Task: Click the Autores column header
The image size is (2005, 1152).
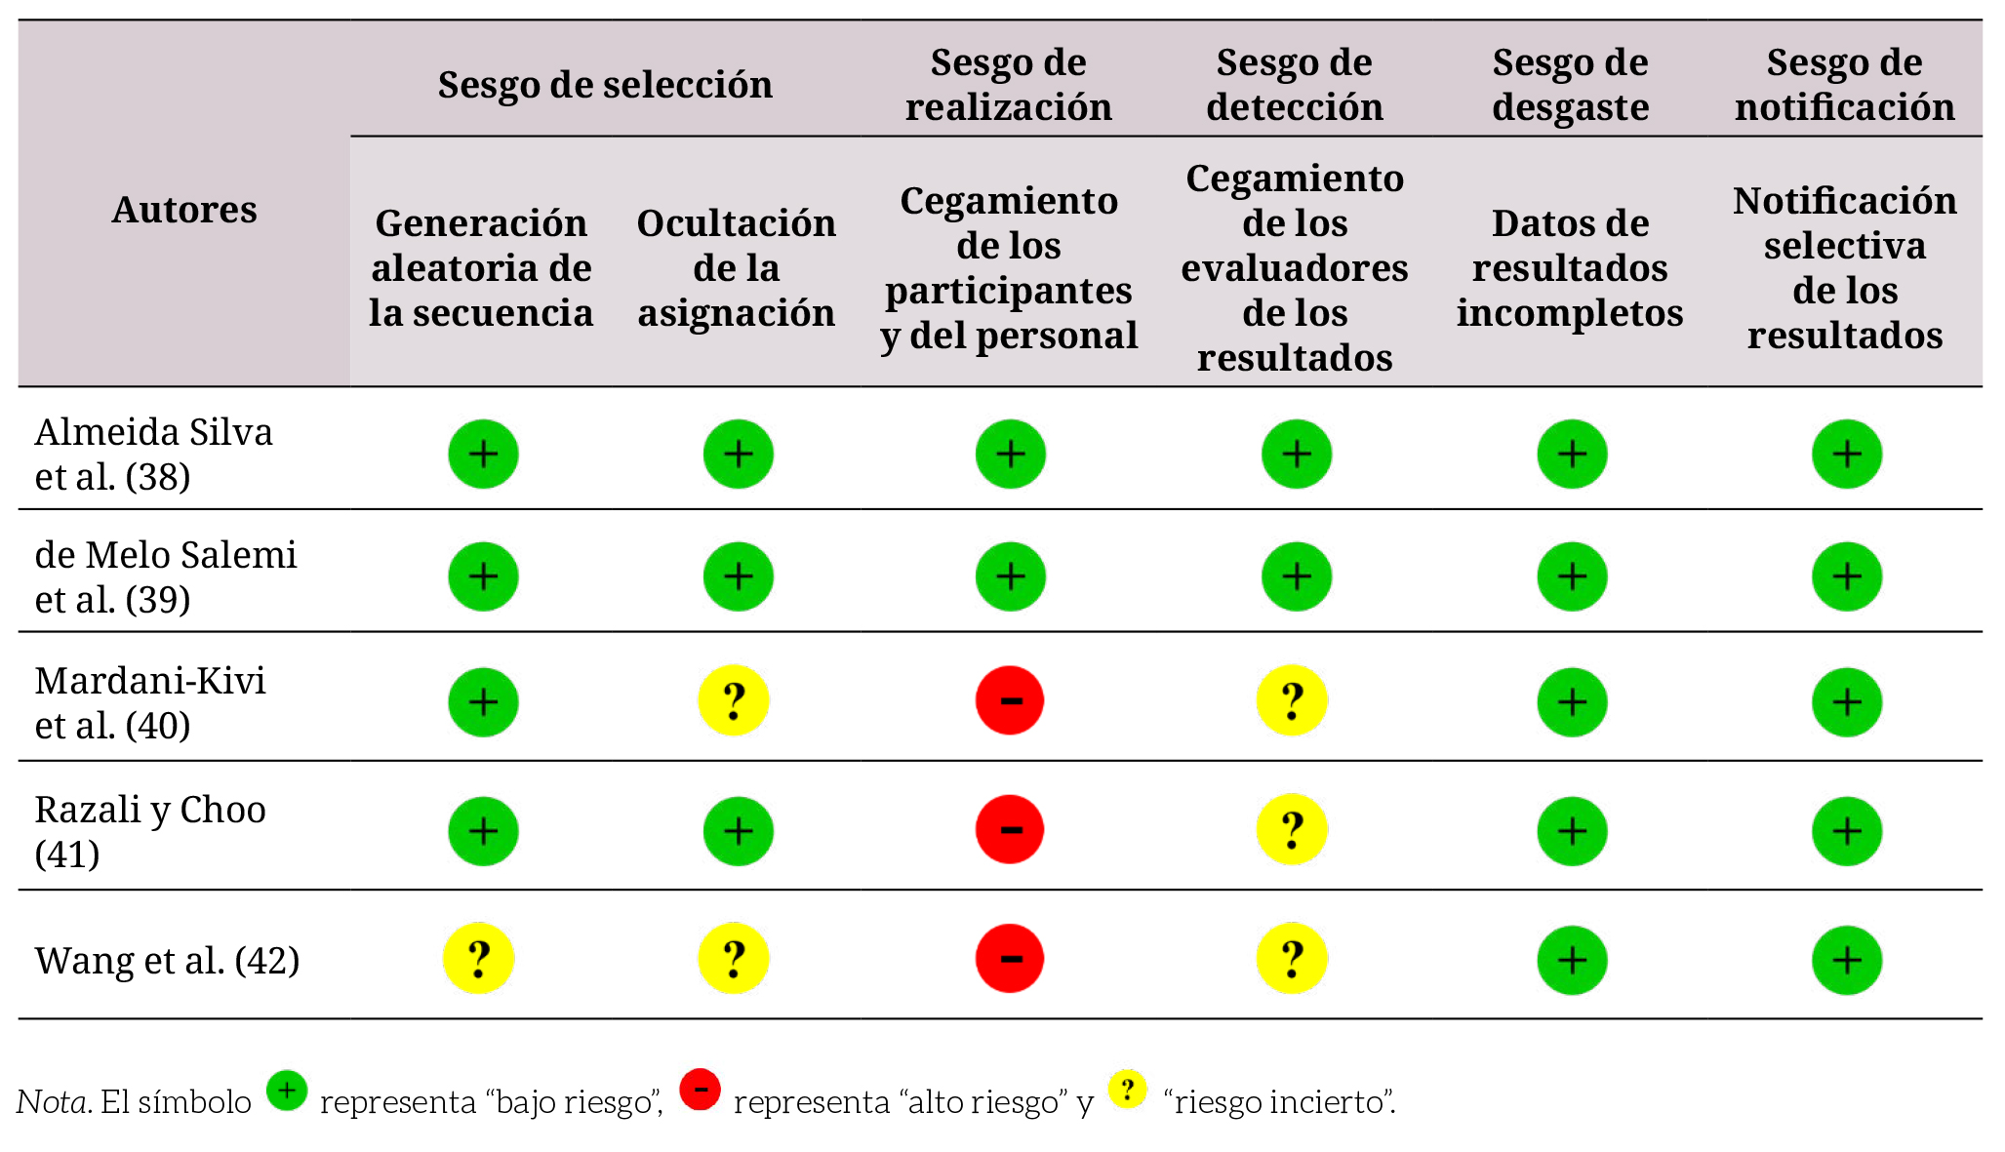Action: [184, 210]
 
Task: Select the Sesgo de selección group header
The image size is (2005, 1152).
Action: [605, 85]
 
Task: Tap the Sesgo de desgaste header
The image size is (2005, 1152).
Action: [1570, 85]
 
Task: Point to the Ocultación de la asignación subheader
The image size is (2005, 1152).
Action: [737, 268]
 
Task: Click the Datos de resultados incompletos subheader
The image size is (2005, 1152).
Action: [1570, 268]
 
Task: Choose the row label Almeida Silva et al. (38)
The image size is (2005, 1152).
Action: [153, 454]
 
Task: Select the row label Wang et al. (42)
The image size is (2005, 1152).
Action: [167, 961]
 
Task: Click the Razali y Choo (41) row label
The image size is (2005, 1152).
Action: [150, 831]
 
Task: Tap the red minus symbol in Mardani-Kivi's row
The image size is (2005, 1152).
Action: [1010, 700]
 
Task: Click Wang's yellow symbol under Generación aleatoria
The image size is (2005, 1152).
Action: [479, 959]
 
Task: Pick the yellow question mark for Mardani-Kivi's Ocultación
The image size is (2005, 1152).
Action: [734, 700]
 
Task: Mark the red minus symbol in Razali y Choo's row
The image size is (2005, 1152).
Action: [1010, 830]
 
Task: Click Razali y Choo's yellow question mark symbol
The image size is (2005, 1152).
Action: [1292, 830]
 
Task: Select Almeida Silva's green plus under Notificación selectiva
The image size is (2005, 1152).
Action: [1846, 454]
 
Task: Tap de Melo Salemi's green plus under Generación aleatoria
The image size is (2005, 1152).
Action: [483, 576]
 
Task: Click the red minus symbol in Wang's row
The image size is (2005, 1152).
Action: [1010, 959]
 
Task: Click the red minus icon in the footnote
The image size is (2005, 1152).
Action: [701, 1090]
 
